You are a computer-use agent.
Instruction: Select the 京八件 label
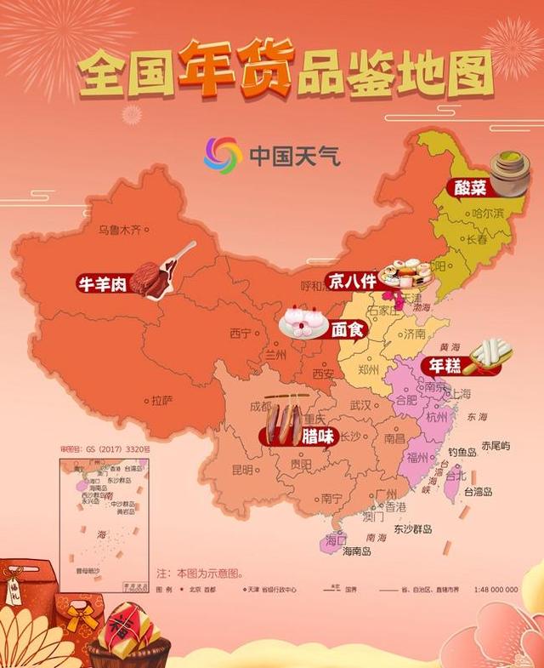[x=352, y=280]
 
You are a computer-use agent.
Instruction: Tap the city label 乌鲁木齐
[x=117, y=230]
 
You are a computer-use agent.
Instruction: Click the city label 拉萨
[x=161, y=400]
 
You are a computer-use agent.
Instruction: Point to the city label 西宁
[x=241, y=334]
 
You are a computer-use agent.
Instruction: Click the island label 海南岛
[x=356, y=551]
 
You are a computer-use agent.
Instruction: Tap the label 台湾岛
[x=478, y=491]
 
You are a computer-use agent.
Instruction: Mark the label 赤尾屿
[x=495, y=446]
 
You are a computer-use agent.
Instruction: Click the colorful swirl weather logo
[x=222, y=155]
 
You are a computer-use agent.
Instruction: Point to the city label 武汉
[x=360, y=406]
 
